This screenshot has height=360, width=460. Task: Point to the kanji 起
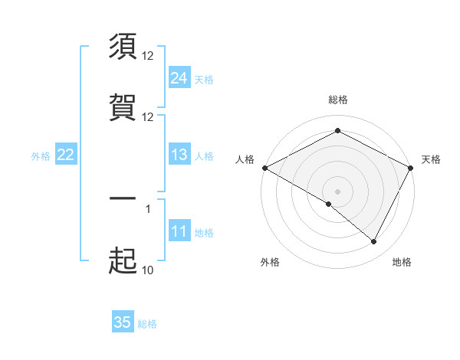[x=123, y=260]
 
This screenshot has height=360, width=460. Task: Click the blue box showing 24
[x=179, y=78]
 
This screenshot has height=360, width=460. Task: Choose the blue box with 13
[x=179, y=155]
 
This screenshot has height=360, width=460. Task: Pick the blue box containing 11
[x=179, y=232]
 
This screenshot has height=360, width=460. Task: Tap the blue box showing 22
[x=65, y=155]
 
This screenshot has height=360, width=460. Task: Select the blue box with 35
[x=123, y=322]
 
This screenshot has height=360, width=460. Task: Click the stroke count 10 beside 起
[x=148, y=270]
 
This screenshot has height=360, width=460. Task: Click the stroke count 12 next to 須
[x=148, y=55]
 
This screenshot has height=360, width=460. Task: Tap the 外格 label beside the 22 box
[x=41, y=156]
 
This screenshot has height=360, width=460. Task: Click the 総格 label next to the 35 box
[x=147, y=324]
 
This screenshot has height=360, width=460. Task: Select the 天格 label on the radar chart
[x=431, y=159]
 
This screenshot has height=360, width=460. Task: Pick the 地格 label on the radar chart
[x=402, y=262]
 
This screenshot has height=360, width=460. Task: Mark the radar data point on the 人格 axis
[x=264, y=168]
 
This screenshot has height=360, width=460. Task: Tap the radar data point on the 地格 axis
[x=374, y=241]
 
